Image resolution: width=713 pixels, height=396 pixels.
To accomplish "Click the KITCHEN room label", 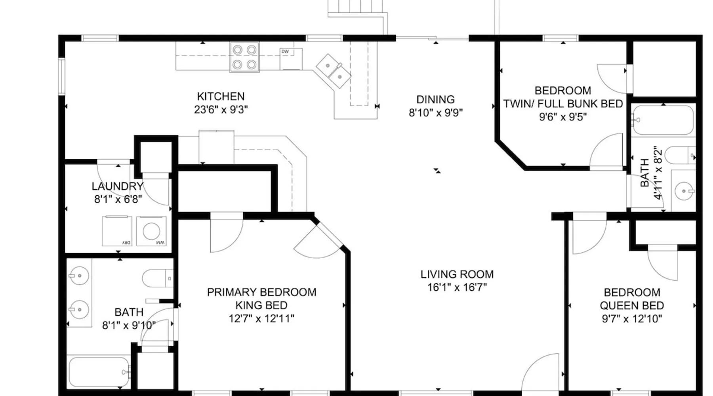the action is point(221,96).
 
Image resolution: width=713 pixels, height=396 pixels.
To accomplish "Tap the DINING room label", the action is point(435,99).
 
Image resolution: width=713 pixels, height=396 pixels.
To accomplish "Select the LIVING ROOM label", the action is point(457,274).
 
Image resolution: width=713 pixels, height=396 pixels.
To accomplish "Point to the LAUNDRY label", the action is point(117,186).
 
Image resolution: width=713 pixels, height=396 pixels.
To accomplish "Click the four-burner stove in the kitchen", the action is point(244,57).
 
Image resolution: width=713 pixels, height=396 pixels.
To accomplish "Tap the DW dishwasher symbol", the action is point(291,59).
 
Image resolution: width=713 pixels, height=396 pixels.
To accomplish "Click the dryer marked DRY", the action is point(117,231).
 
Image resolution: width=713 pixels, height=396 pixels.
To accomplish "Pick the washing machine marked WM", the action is point(151,231).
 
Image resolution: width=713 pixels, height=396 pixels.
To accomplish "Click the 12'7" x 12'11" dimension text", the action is point(261,318).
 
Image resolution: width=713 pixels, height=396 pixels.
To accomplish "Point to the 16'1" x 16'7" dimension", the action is point(457,287).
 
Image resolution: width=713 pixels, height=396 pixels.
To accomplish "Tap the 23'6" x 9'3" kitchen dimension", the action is point(221,109).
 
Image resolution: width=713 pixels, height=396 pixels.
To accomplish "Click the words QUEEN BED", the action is point(632,305).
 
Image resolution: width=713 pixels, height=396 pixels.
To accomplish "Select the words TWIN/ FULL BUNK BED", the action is point(563,104).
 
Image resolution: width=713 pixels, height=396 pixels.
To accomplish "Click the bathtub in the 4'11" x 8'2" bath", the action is point(662,120).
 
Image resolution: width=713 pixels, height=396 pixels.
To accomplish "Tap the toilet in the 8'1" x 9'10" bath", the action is point(158,278).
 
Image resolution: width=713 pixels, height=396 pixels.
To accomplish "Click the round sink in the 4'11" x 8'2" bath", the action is point(684,191).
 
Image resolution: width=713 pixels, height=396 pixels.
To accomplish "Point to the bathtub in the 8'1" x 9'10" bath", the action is point(99,372).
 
